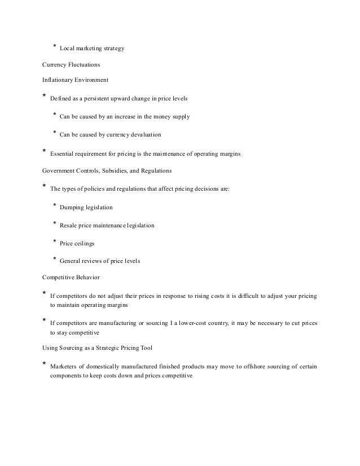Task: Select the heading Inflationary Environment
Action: (x=71, y=80)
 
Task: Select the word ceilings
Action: (x=85, y=244)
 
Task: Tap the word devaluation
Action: (x=142, y=135)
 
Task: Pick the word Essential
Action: (x=62, y=153)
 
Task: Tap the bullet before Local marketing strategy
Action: (x=54, y=46)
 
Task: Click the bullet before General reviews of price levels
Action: (x=54, y=260)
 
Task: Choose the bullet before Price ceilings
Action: (x=54, y=241)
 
